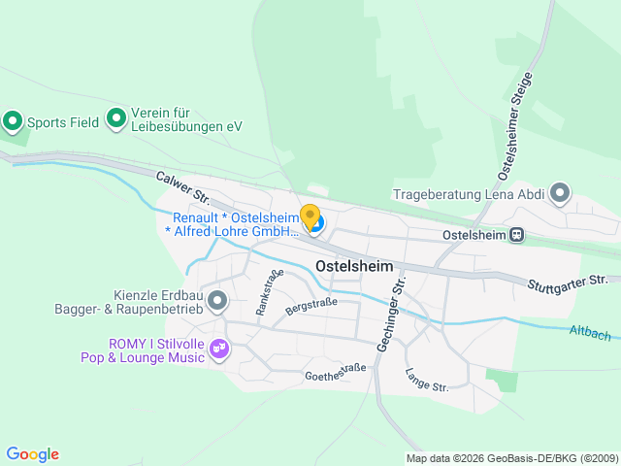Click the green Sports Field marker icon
click(x=13, y=121)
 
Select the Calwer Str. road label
click(x=183, y=187)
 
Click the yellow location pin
click(x=310, y=216)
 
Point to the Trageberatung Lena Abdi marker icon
click(x=560, y=193)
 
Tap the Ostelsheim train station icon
click(x=518, y=234)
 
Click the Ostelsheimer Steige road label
click(x=514, y=125)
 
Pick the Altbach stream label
click(x=590, y=333)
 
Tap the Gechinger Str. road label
click(x=397, y=312)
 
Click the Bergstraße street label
click(x=310, y=307)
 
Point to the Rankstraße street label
click(x=269, y=292)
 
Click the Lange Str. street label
click(x=426, y=380)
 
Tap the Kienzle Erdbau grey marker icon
click(x=217, y=300)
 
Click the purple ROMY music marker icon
click(x=219, y=347)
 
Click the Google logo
click(x=32, y=453)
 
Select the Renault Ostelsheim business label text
click(x=234, y=225)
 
